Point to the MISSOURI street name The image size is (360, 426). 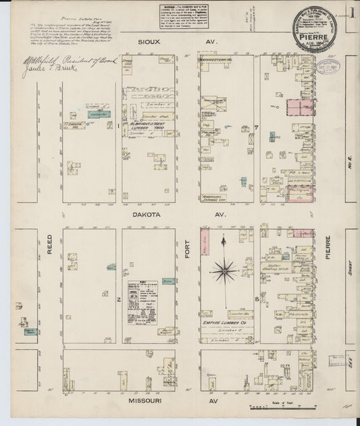coord(143,400)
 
